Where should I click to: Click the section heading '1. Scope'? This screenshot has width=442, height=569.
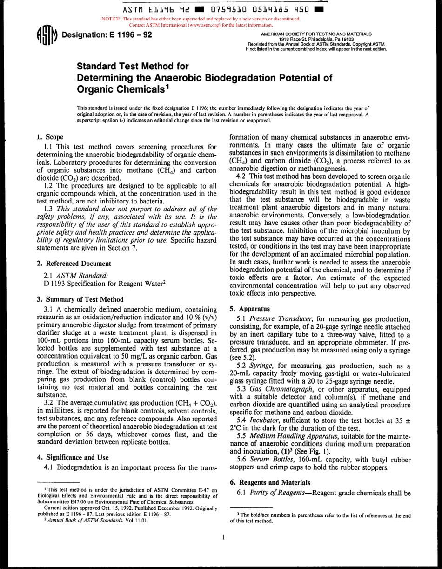pos(50,137)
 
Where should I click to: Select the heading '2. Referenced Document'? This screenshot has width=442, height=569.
pos(74,264)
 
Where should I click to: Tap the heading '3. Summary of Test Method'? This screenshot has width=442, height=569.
pos(80,299)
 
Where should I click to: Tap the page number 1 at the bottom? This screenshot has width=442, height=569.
pos(224,549)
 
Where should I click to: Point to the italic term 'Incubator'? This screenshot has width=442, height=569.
pos(263,419)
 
